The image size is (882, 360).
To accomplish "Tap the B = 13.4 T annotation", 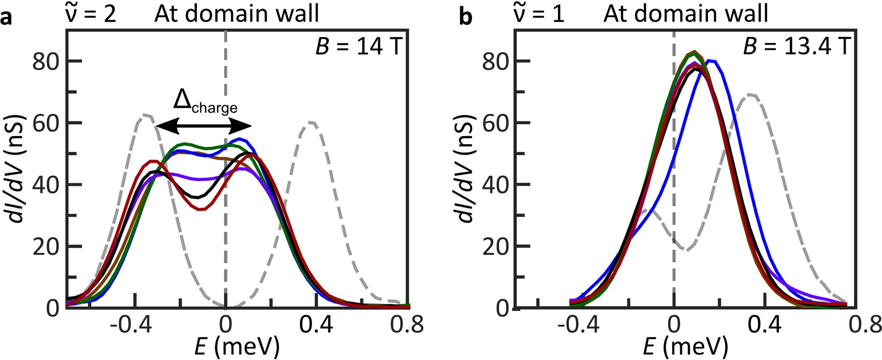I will [x=796, y=48].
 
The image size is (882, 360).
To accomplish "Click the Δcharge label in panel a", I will [x=205, y=101].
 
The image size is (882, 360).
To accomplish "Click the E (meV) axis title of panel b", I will [x=686, y=347].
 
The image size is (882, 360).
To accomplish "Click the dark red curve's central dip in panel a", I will [x=202, y=209].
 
